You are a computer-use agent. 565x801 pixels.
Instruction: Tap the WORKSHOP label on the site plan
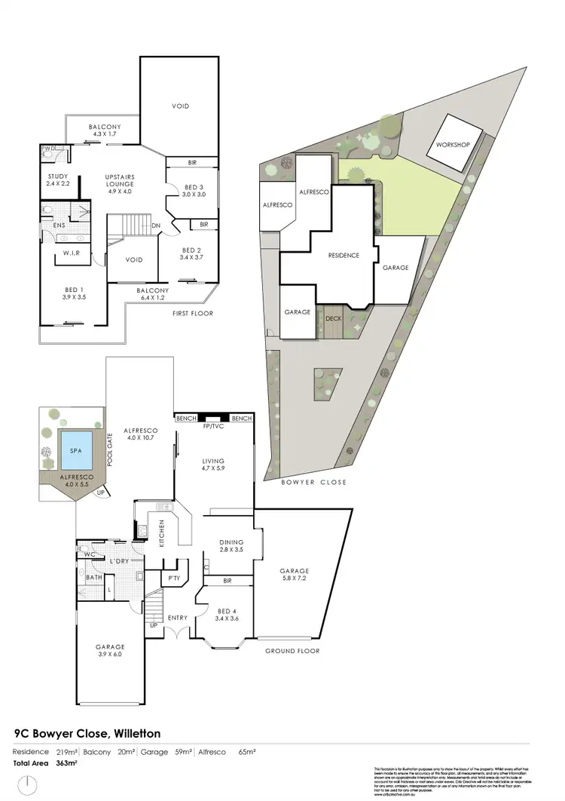[452, 144]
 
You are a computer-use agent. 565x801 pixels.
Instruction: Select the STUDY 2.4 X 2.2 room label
[58, 180]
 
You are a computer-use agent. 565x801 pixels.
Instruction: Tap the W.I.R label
[72, 252]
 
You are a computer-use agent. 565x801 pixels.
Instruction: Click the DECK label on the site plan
[333, 318]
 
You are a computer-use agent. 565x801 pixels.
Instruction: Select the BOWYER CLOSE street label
[315, 482]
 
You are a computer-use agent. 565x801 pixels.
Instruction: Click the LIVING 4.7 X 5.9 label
[214, 465]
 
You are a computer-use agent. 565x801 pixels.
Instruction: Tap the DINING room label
[230, 546]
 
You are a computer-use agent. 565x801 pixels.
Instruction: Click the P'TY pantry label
[174, 578]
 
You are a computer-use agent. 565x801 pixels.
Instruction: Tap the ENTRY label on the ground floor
[178, 618]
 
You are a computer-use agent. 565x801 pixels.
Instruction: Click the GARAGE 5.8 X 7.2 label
[293, 575]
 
